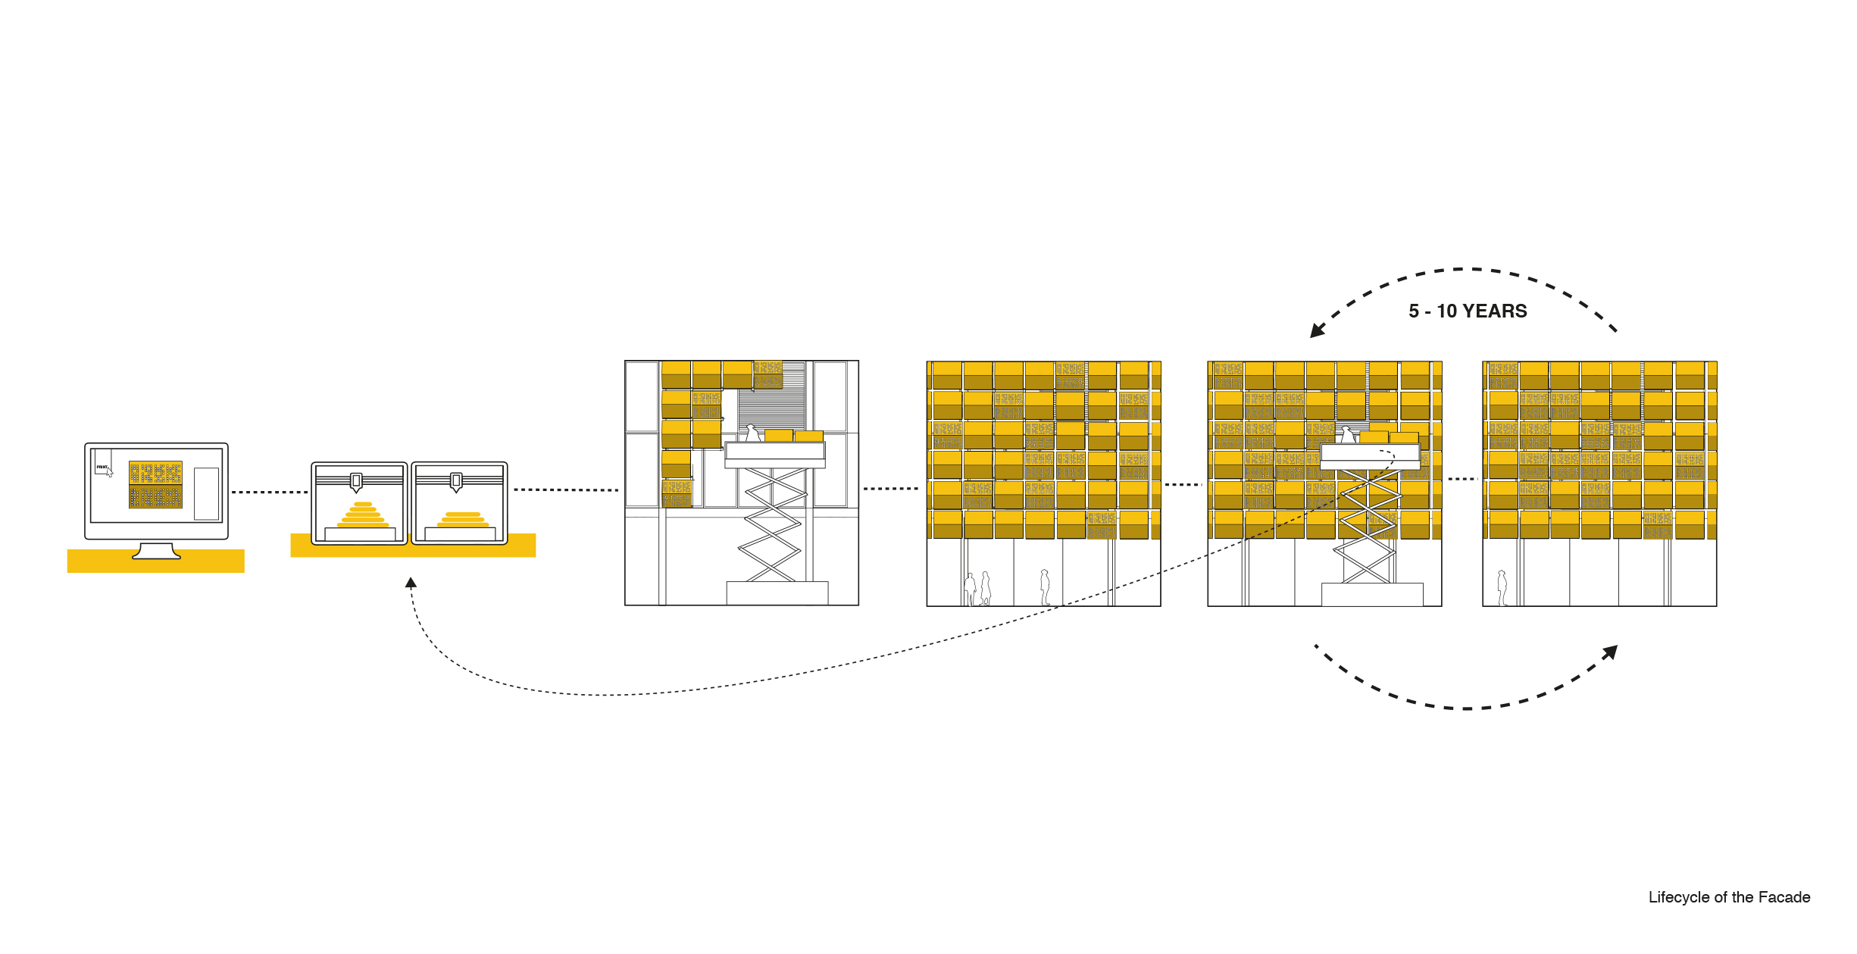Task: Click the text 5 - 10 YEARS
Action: pyautogui.click(x=1468, y=311)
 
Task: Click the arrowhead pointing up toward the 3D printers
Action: pyautogui.click(x=411, y=583)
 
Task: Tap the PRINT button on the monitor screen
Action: pyautogui.click(x=102, y=467)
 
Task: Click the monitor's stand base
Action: pyautogui.click(x=156, y=554)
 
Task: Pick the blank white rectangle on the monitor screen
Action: pyautogui.click(x=206, y=493)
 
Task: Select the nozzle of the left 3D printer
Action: pyautogui.click(x=356, y=482)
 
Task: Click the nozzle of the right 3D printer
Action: pyautogui.click(x=456, y=482)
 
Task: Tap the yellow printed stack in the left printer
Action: pyautogui.click(x=363, y=515)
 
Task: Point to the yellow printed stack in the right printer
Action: pyautogui.click(x=463, y=520)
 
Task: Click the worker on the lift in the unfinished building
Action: pyautogui.click(x=752, y=433)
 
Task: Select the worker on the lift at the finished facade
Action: pyautogui.click(x=1348, y=435)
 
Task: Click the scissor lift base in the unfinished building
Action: pyautogui.click(x=777, y=593)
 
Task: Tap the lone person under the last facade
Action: pyautogui.click(x=1502, y=588)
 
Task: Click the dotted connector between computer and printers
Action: pyautogui.click(x=269, y=492)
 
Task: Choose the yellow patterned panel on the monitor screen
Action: pyautogui.click(x=155, y=484)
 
